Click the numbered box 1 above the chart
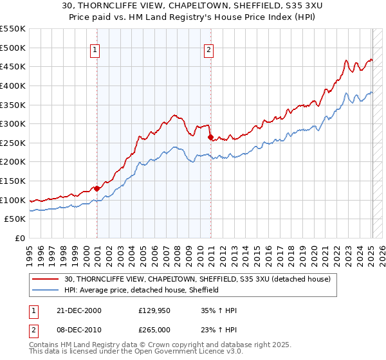[95, 50]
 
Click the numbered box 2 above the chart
[210, 50]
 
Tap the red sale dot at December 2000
[97, 188]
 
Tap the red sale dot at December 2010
[210, 137]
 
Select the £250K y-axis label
[13, 143]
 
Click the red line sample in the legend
[46, 279]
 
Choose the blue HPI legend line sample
[46, 290]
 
